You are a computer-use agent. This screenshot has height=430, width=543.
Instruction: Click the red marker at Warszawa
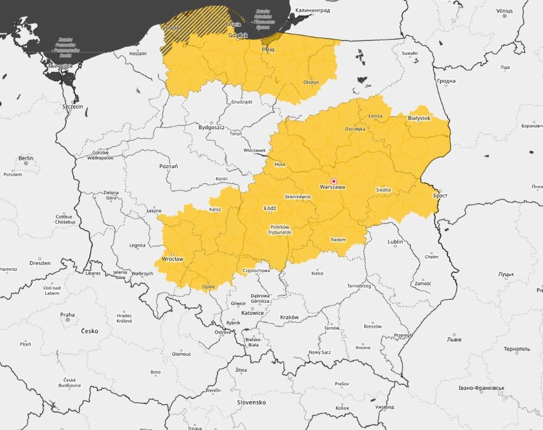[x=334, y=181]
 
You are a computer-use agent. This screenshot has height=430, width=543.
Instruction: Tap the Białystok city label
[x=418, y=118]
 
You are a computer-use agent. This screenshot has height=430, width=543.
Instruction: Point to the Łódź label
[x=269, y=209]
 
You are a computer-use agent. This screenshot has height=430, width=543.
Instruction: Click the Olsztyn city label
[x=311, y=82]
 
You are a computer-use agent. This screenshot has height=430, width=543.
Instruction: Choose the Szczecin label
[x=72, y=106]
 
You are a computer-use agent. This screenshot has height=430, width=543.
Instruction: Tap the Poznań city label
[x=169, y=166]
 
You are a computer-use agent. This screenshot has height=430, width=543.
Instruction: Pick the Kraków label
[x=289, y=317]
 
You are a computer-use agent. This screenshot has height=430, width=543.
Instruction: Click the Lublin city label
[x=395, y=242]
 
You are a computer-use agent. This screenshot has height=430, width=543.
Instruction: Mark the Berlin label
[x=26, y=159]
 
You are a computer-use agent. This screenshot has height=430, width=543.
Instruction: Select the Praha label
[x=67, y=315]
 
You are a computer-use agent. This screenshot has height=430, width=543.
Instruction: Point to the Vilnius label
[x=504, y=11]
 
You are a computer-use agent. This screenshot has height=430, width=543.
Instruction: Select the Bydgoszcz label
[x=211, y=127]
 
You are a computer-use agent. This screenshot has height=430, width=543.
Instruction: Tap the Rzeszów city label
[x=373, y=326]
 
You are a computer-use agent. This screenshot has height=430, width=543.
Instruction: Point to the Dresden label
[x=40, y=263]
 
